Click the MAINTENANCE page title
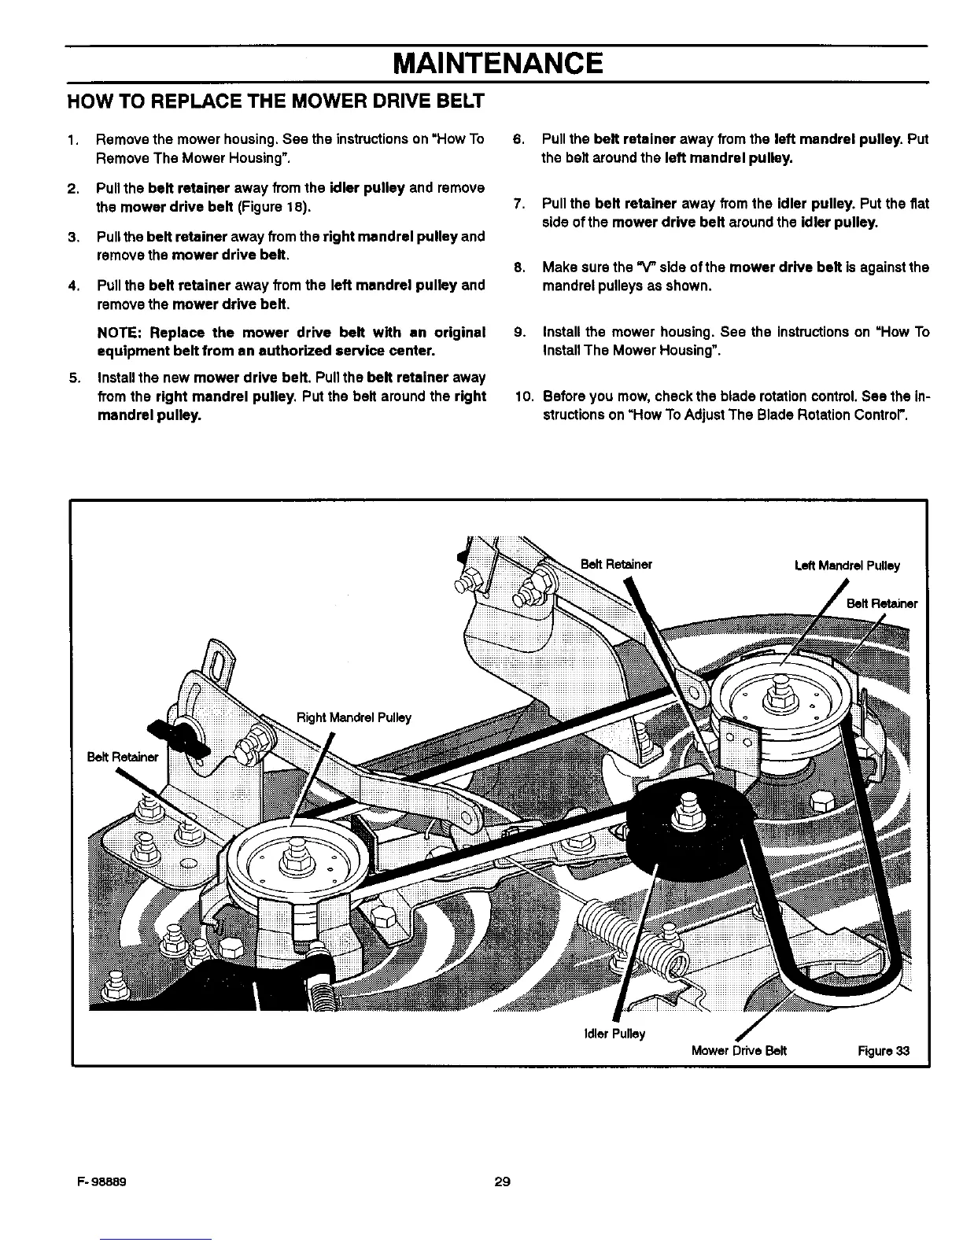pos(497,62)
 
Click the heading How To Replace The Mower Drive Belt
pos(275,101)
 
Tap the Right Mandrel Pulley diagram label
pos(353,717)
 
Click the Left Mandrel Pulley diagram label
pos(847,565)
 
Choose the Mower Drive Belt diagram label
pos(739,1051)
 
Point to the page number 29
pos(503,1181)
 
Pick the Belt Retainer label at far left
pos(123,758)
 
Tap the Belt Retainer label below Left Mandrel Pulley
pos(881,604)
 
